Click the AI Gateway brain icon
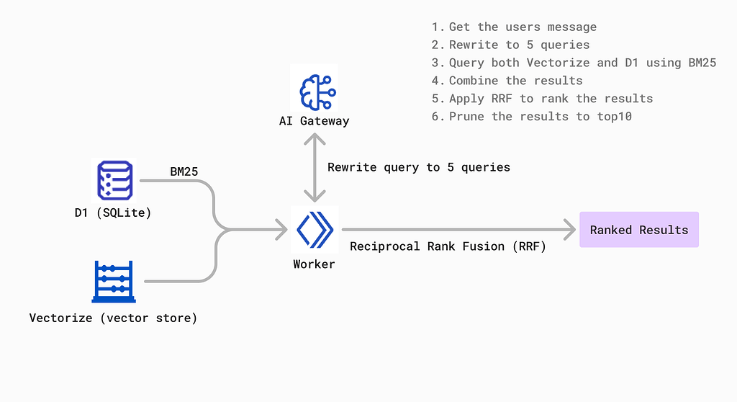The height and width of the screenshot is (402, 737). tap(317, 91)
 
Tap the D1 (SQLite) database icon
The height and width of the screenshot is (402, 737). tap(114, 180)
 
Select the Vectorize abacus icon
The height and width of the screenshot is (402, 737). tap(114, 282)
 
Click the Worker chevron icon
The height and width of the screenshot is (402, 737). tap(315, 230)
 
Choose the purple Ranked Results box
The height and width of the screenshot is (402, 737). tap(639, 230)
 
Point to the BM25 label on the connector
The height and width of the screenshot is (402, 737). tap(184, 171)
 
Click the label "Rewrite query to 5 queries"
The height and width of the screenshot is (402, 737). tap(419, 168)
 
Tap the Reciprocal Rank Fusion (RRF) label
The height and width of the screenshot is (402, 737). tap(448, 246)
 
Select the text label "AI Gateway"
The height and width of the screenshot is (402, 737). tap(314, 121)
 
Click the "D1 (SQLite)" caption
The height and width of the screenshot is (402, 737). tap(113, 213)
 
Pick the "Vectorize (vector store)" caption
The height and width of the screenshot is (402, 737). tap(113, 318)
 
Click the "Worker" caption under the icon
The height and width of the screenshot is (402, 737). tap(314, 264)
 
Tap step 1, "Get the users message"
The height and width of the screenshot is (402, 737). tap(514, 27)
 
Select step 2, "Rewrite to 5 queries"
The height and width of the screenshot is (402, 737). tap(510, 45)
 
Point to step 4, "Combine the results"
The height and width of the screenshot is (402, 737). tap(507, 81)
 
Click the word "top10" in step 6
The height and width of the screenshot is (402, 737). tap(615, 116)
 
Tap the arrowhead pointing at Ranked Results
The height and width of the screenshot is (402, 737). tap(570, 230)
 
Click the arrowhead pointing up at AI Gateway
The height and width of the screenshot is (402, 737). tap(315, 139)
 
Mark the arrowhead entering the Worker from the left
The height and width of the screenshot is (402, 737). tap(281, 230)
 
